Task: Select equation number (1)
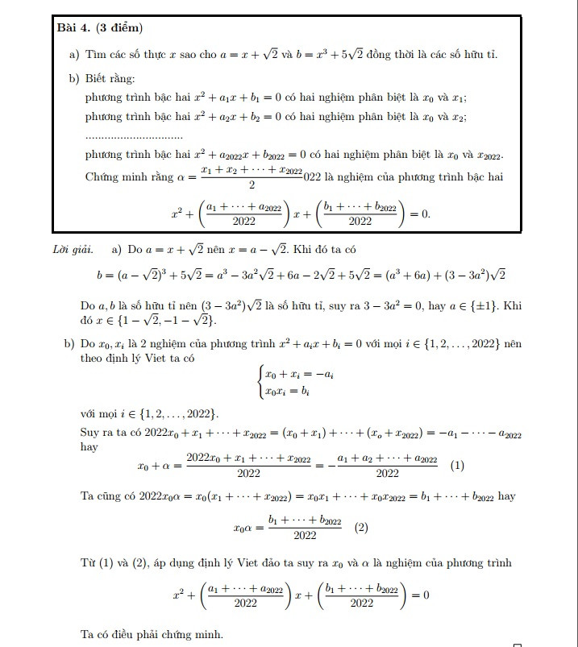457,465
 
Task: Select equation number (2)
361,528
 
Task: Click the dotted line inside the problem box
134,135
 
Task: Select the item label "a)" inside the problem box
73,54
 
